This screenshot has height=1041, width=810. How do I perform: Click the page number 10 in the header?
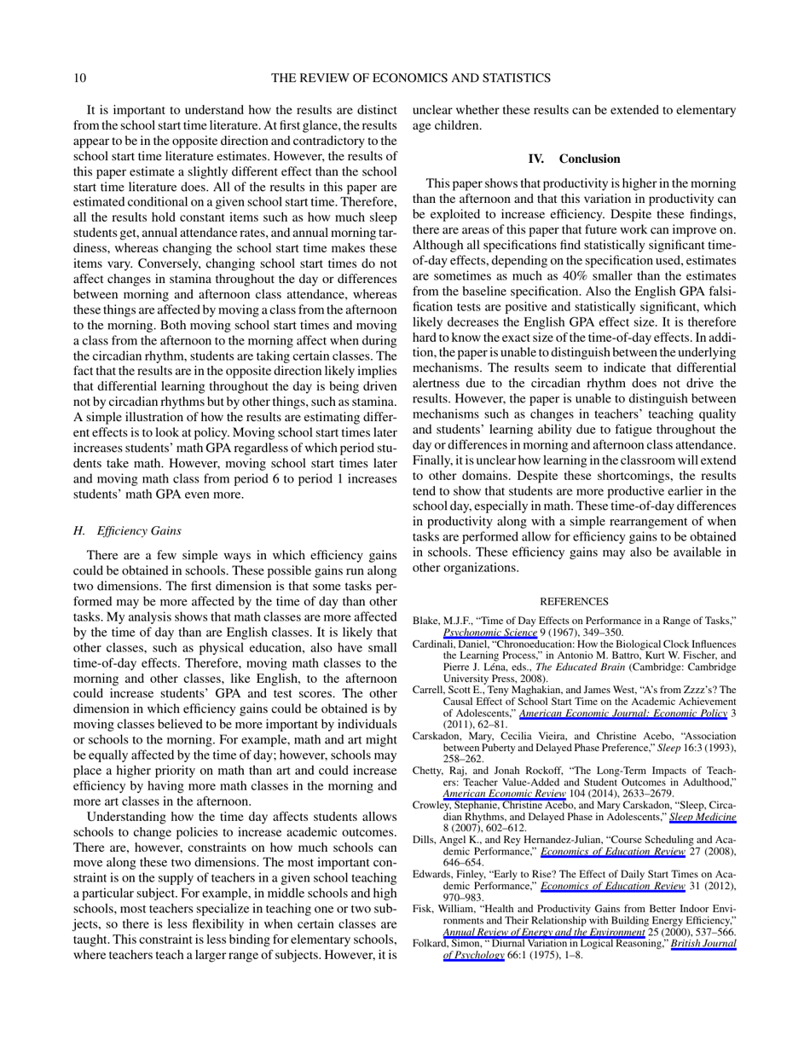[79, 78]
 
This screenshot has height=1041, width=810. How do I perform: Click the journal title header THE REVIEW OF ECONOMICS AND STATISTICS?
[410, 78]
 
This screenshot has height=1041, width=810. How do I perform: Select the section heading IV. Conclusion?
[574, 159]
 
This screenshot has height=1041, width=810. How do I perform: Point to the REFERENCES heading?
[574, 601]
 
